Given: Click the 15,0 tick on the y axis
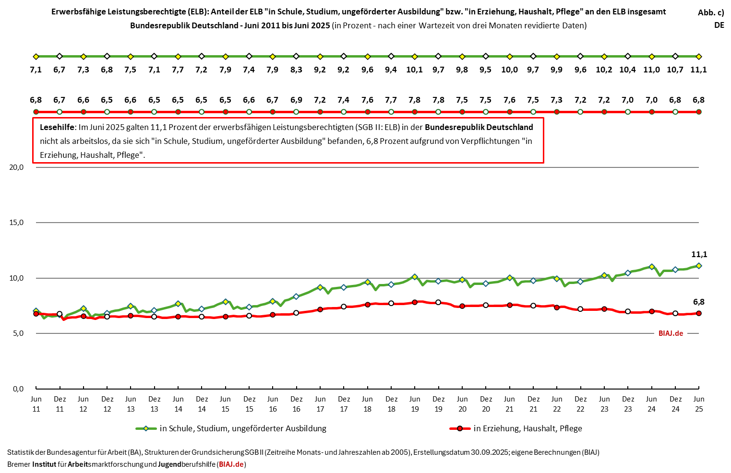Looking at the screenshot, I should (16, 223).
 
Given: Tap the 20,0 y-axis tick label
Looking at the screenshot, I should (16, 167).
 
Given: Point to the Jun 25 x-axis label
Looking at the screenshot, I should (699, 404).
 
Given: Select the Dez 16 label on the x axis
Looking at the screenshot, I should (297, 404).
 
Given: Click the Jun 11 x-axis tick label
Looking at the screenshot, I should (36, 404).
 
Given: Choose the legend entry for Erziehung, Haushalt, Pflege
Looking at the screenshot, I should (527, 428).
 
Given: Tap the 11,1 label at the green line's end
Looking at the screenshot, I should (699, 254).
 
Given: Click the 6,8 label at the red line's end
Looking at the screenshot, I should (699, 302).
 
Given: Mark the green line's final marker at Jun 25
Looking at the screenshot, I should (699, 266).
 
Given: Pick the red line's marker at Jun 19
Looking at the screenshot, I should (415, 302).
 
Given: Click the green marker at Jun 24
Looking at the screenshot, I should (651, 267).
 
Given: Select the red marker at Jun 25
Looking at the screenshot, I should (699, 313).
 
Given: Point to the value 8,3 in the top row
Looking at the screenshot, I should (296, 70).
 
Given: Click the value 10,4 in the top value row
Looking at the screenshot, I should (627, 70).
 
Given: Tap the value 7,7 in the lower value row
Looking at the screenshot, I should (391, 100).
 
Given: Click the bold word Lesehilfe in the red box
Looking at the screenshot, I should (57, 127).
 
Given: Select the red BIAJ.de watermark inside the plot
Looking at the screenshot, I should (671, 333).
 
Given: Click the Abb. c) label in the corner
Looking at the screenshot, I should (711, 13).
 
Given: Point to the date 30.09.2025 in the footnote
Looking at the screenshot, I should (489, 452).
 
